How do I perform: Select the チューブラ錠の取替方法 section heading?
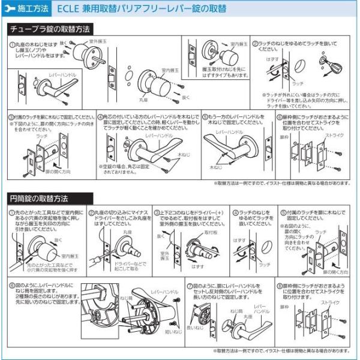[50, 29]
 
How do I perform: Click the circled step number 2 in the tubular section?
[254, 44]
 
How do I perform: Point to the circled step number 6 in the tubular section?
[279, 115]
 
